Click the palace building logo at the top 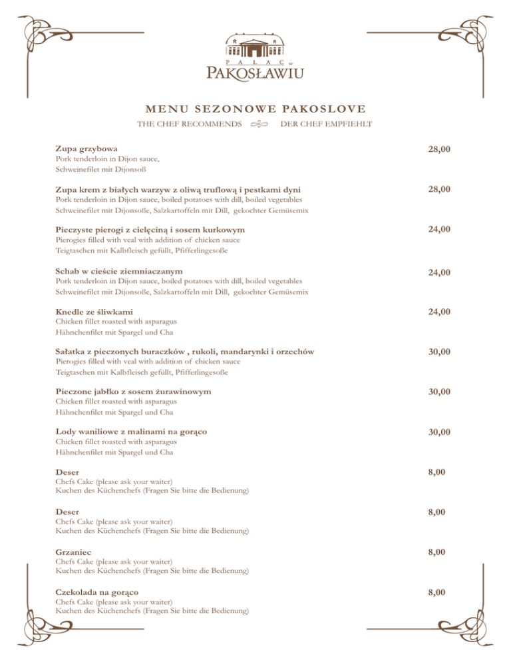255,47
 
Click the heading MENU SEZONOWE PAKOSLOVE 255,109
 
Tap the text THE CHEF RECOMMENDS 189,125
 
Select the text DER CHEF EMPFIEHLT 327,125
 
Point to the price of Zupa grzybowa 440,150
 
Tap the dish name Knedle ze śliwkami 93,312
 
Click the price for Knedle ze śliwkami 440,312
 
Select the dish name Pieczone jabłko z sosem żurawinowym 133,392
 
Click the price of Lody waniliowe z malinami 440,433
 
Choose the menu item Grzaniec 73,552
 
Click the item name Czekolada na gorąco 97,592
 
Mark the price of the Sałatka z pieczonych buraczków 440,352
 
